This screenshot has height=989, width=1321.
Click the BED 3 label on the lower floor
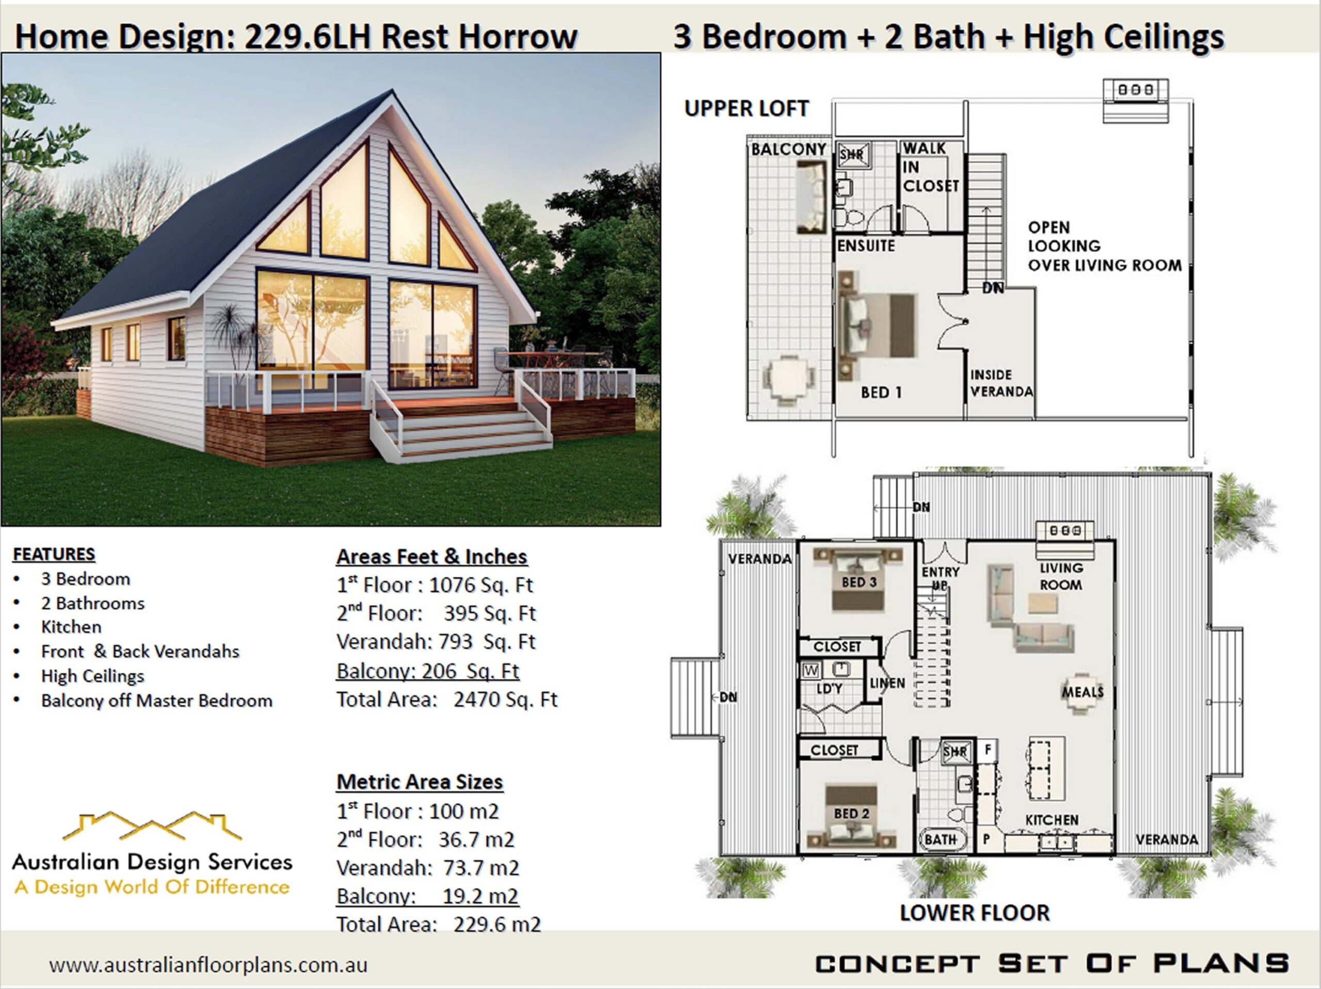[859, 582]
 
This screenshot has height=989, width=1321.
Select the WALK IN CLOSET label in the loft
[930, 167]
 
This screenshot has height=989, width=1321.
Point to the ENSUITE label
[866, 246]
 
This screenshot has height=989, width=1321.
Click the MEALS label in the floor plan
[1082, 692]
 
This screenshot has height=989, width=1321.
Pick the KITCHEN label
[1052, 820]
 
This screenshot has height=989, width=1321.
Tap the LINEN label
[888, 683]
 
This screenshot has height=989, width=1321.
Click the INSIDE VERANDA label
[1001, 383]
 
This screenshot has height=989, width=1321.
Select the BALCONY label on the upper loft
[788, 149]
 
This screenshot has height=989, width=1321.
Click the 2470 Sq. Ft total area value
[505, 700]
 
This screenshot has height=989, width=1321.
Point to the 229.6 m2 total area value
[497, 925]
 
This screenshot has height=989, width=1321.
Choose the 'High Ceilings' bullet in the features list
[92, 676]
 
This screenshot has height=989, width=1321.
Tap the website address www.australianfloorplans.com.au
[208, 965]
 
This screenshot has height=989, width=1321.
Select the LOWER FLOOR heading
[974, 913]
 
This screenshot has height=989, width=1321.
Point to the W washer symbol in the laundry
[810, 670]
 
